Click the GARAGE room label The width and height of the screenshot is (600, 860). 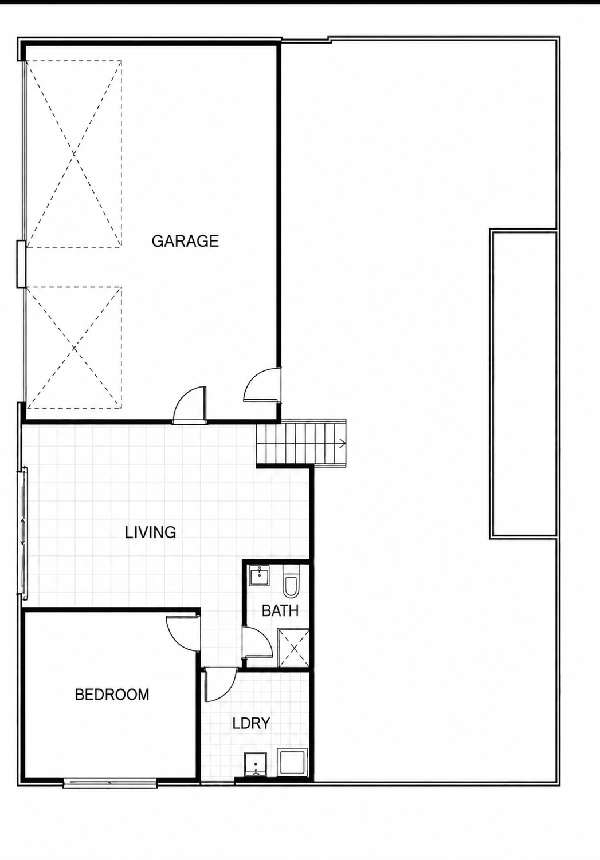coord(185,240)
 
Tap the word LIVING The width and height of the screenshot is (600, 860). coord(150,532)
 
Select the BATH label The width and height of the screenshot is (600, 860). coord(280,610)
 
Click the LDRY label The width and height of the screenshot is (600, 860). coord(251,723)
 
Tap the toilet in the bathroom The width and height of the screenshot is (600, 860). coord(290,581)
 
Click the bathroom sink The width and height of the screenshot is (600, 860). coord(259,575)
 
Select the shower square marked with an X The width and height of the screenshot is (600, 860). coord(293,649)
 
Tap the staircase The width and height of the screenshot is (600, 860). coord(301,443)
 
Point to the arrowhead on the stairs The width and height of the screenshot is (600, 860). coord(342,444)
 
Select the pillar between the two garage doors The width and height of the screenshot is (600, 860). coord(21,264)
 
